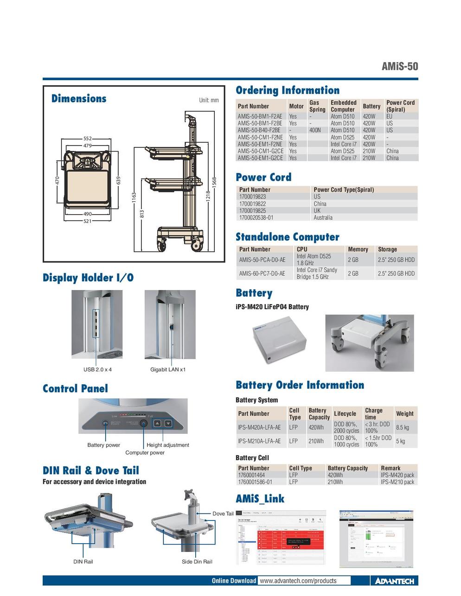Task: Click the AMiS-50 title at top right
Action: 399,66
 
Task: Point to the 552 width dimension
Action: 88,139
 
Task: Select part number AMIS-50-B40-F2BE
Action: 260,130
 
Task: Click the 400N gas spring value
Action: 315,130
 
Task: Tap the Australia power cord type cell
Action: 323,217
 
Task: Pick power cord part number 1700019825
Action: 252,210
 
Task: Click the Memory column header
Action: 358,249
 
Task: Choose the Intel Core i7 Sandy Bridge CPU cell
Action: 317,273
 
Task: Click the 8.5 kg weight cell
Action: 402,427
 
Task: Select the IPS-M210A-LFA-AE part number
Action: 259,441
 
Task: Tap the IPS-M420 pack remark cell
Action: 397,475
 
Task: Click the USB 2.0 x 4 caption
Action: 97,370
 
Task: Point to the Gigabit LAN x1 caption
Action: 168,370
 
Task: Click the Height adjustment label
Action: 168,445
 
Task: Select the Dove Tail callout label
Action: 223,514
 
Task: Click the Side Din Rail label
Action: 197,562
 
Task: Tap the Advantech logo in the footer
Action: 394,581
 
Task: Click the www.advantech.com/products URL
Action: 298,581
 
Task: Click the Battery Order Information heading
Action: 300,385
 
